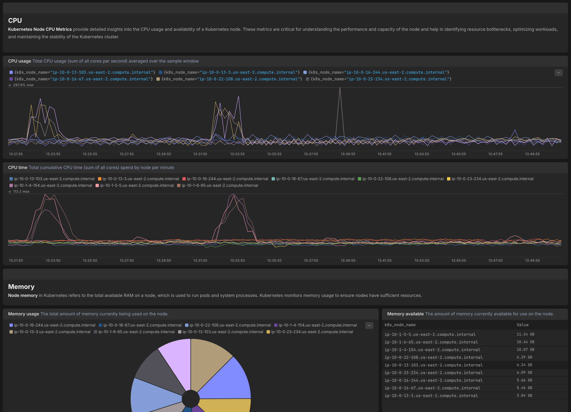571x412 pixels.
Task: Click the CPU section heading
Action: coord(15,20)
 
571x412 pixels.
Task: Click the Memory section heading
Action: coord(21,287)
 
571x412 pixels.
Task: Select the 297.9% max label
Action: coord(23,85)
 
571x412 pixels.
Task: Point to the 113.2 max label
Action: coord(21,191)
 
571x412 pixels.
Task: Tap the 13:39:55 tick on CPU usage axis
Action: coord(348,154)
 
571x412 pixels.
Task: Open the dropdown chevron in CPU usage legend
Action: coord(559,73)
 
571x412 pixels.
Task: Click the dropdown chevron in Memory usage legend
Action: coord(369,325)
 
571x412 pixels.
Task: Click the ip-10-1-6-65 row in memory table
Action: coord(431,342)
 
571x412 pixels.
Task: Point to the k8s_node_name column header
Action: coord(400,325)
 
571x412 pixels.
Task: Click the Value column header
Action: coord(523,325)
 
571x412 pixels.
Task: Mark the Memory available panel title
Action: coord(405,314)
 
